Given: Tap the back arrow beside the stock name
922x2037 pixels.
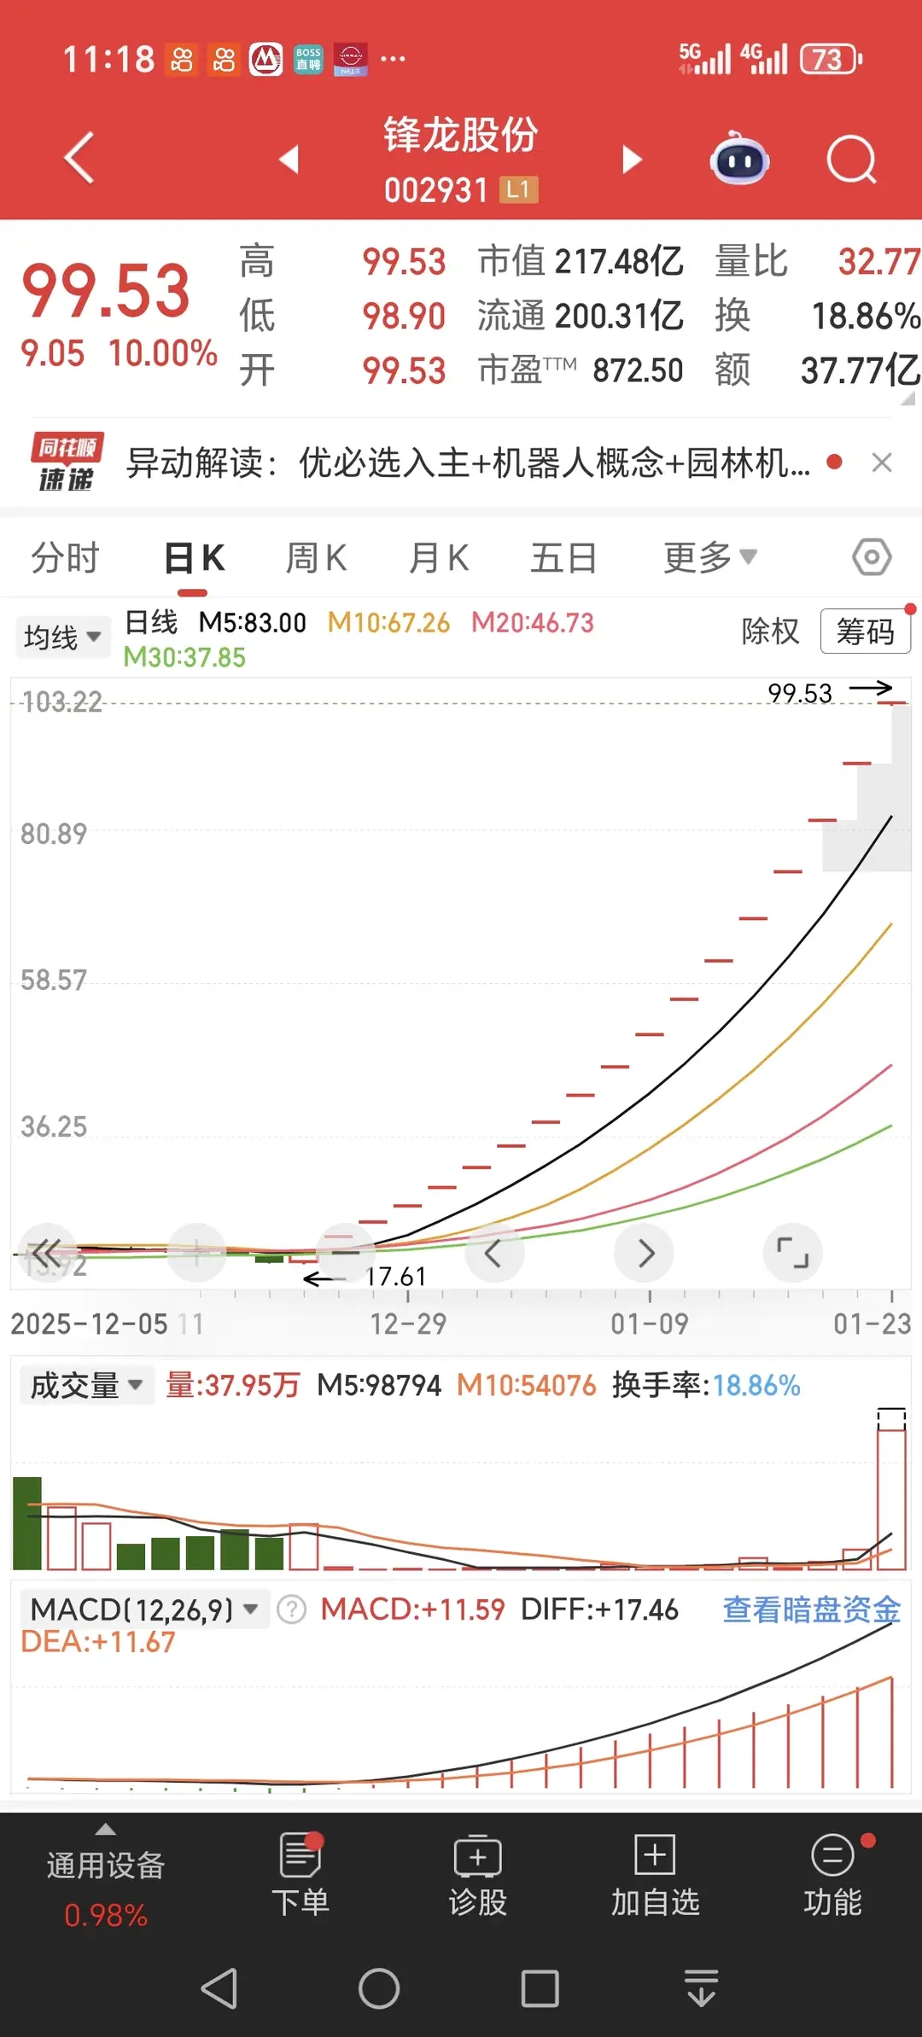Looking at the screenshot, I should [x=79, y=159].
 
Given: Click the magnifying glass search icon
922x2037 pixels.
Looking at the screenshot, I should [x=851, y=160].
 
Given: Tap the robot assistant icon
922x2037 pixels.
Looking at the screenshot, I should [x=739, y=159].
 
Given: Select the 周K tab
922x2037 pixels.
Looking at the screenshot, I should [x=316, y=558].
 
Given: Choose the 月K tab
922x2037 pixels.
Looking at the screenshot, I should [x=439, y=558].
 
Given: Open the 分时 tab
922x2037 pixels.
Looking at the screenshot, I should [x=66, y=558].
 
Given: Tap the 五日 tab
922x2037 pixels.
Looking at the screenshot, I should [x=563, y=558].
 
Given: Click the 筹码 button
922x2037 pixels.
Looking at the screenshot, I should [x=865, y=631].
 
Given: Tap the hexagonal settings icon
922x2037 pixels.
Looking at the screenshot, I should [x=872, y=557].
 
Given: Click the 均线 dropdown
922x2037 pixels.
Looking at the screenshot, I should [x=62, y=637].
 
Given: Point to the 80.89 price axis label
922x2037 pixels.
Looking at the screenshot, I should [x=54, y=834].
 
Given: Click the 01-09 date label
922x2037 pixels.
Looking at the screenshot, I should [x=649, y=1324].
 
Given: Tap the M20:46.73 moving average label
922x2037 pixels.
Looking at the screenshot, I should [x=533, y=623].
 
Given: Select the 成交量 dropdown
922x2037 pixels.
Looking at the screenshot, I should [x=86, y=1385].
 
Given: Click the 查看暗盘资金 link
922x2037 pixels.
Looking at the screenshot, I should [x=811, y=1609].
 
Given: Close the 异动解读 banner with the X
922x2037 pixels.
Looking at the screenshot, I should [x=882, y=463].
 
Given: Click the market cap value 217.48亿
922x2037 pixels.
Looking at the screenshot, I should [x=619, y=262].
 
